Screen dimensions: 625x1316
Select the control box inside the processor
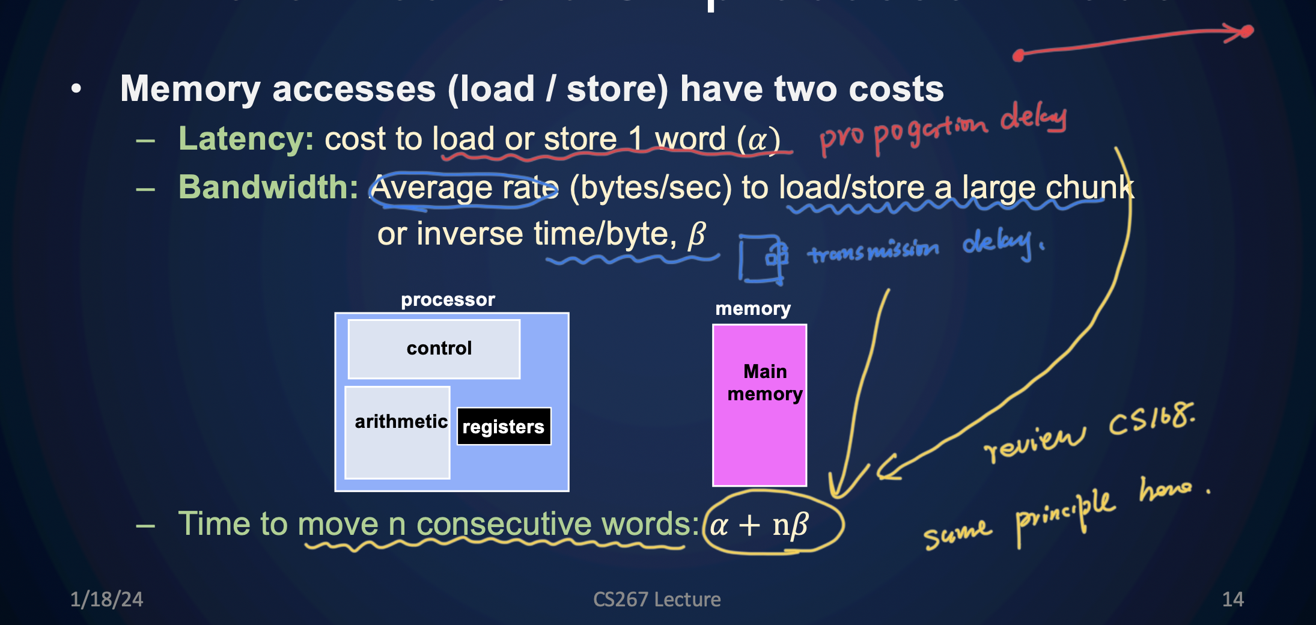[x=434, y=349]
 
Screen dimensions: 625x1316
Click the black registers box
[x=504, y=427]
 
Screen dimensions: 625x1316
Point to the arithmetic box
[x=398, y=433]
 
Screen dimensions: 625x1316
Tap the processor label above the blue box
[x=448, y=299]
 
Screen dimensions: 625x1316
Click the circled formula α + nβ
[x=760, y=525]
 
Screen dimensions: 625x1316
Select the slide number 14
[x=1232, y=599]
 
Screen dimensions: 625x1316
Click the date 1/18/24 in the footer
[x=106, y=599]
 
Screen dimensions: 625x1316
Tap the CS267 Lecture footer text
[x=657, y=599]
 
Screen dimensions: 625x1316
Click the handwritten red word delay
[x=1033, y=118]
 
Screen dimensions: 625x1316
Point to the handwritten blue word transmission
[x=873, y=251]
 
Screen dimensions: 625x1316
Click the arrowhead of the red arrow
[x=1244, y=31]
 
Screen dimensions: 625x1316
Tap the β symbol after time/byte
[x=696, y=234]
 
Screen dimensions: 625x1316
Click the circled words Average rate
[x=463, y=189]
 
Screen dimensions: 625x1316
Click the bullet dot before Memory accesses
[x=76, y=89]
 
